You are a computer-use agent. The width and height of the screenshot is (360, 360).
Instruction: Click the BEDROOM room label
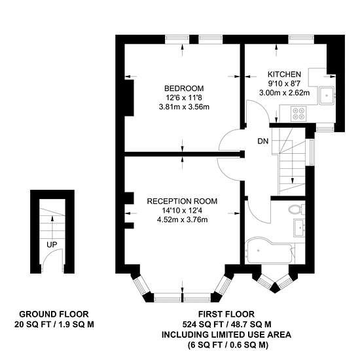click(x=184, y=88)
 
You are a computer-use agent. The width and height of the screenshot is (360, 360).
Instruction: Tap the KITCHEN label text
click(x=284, y=75)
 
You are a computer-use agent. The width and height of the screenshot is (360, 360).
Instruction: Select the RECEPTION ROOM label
click(x=182, y=201)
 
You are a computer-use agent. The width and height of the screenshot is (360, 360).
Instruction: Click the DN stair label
click(x=263, y=141)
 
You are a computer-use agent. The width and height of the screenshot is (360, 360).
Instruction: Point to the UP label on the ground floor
click(x=52, y=245)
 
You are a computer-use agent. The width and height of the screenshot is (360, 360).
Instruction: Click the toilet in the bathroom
click(x=296, y=209)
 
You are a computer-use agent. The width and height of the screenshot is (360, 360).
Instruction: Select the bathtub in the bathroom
click(x=270, y=251)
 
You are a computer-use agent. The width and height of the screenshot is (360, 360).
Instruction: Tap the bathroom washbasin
click(x=299, y=228)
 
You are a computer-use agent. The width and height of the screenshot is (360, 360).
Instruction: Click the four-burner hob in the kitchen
click(x=298, y=114)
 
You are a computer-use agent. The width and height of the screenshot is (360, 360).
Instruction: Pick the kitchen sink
click(x=327, y=96)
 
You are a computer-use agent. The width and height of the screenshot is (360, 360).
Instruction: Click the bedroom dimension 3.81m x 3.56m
click(x=184, y=107)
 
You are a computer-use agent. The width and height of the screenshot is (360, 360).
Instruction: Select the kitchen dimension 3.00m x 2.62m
click(x=285, y=93)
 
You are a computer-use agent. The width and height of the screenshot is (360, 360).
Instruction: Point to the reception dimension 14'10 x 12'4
click(x=182, y=210)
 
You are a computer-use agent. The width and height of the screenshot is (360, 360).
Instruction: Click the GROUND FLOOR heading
click(x=54, y=314)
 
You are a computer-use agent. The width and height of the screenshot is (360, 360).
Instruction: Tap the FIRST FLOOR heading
click(x=226, y=314)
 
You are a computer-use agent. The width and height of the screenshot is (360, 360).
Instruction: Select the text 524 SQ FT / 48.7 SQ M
click(x=226, y=325)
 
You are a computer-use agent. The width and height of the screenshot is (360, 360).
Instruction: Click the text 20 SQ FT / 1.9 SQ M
click(x=54, y=325)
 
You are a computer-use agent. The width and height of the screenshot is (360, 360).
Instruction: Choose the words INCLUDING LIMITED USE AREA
click(x=226, y=334)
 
